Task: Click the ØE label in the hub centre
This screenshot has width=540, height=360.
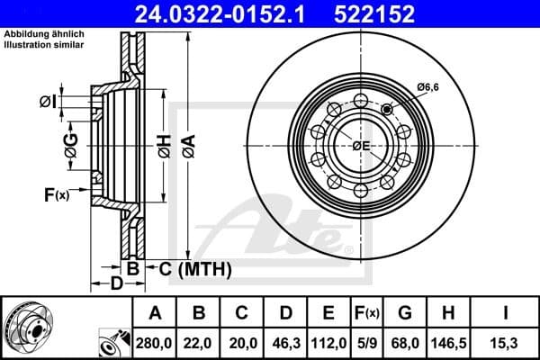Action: (361, 146)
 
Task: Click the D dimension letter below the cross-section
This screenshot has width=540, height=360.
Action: (116, 285)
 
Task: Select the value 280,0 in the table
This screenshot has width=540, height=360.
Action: (155, 342)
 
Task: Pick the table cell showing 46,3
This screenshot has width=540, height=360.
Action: (285, 342)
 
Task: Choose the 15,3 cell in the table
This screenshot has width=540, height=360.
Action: (506, 342)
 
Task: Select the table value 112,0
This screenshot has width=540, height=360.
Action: (328, 342)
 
